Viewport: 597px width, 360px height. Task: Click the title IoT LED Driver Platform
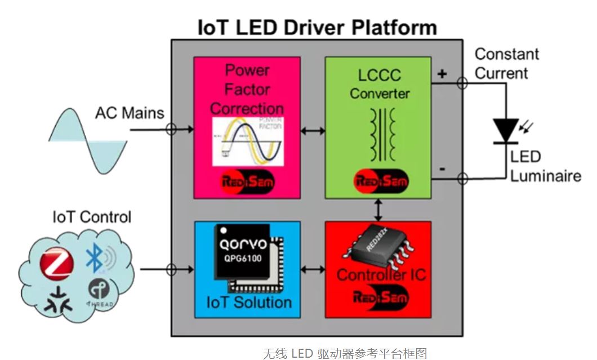click(x=317, y=26)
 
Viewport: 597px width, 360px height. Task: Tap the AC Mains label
click(x=129, y=113)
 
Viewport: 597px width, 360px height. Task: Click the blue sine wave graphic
click(x=88, y=139)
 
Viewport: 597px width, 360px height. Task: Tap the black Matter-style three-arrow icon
click(x=58, y=300)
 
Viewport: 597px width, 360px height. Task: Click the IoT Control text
click(x=91, y=217)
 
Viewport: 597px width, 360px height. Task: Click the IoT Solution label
click(x=249, y=302)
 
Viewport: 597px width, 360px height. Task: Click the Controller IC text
click(x=381, y=275)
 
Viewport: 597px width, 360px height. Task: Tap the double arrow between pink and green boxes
click(x=313, y=131)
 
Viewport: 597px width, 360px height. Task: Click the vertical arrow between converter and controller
click(x=378, y=210)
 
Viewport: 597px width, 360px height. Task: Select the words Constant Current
click(x=506, y=64)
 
